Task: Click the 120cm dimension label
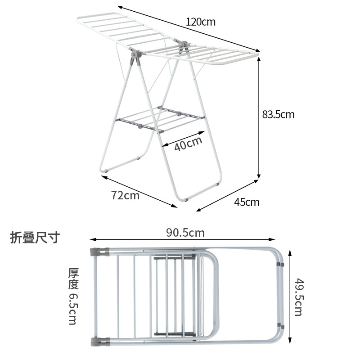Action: [201, 22]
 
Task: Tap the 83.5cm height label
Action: [278, 114]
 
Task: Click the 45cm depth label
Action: [247, 202]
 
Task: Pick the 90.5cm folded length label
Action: [185, 233]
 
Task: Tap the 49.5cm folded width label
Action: [298, 297]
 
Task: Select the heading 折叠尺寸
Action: [35, 238]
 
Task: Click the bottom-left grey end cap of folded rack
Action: [100, 342]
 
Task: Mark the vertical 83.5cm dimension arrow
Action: [259, 119]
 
